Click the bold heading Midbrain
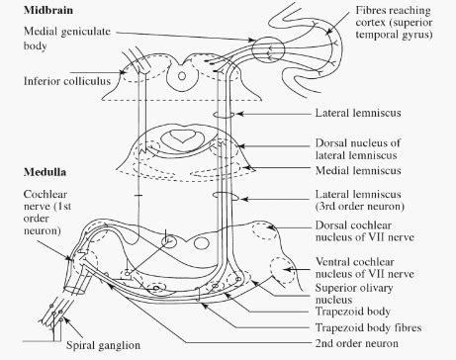(x=48, y=10)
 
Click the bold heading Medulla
(x=45, y=172)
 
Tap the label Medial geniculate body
(x=67, y=39)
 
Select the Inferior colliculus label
(x=67, y=81)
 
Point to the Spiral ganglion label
(x=103, y=345)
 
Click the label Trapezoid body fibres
(x=368, y=327)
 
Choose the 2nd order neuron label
(x=356, y=343)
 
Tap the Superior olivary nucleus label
(x=354, y=294)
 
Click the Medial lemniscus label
(x=358, y=170)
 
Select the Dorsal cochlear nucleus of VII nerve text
(x=364, y=230)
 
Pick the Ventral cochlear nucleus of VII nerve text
(x=364, y=268)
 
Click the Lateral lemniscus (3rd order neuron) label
(x=360, y=200)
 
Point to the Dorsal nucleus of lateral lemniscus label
(x=358, y=149)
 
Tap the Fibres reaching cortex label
(x=394, y=23)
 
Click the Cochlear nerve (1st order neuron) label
(x=47, y=213)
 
